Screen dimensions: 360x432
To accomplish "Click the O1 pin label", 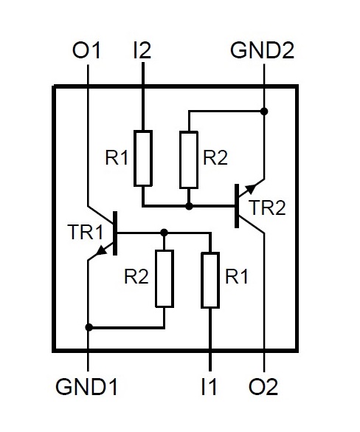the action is pos(86,50).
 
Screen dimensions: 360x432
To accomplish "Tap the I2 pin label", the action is pos(142,50).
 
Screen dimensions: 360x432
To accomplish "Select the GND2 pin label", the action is pos(263,50).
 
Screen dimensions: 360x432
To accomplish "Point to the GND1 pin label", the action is pos(86,386).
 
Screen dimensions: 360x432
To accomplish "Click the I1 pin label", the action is pos(210,386).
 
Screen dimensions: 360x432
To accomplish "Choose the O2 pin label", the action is pos(263,386).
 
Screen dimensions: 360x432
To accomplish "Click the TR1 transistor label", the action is pos(86,233).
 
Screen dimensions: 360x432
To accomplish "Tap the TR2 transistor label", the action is pos(267,208).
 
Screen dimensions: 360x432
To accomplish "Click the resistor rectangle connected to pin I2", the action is pos(143,159).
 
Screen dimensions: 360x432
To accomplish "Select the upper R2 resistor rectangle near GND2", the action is pos(189,160).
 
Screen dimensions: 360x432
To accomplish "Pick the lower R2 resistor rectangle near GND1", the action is pos(165,278).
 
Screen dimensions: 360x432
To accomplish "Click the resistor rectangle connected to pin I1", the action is pos(210,280).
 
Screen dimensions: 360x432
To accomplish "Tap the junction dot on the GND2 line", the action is pos(264,112).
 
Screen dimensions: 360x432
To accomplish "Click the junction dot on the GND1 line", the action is pos(89,328).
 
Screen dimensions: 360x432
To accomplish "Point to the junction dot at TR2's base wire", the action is pos(189,206).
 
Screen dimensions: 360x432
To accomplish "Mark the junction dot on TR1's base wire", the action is pos(164,233).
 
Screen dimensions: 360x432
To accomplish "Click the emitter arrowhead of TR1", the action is pos(102,250).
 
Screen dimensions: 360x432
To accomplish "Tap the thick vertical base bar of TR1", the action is pos(115,233).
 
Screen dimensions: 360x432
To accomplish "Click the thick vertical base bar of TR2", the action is pos(237,206).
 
